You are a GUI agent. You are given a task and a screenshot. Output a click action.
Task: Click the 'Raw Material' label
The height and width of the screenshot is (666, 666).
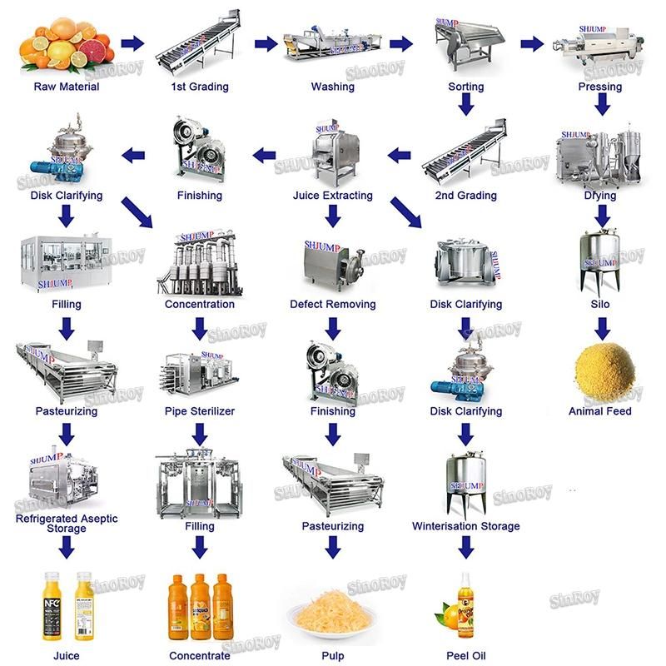coord(67,87)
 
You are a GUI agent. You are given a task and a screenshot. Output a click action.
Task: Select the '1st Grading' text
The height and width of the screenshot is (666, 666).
coord(200,87)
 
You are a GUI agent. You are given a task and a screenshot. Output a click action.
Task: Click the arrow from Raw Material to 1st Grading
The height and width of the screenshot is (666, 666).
coord(132,43)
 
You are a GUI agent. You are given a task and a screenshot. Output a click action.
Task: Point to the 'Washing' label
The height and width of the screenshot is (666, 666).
coord(333,87)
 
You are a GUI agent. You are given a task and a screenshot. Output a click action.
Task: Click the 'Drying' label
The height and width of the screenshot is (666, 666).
coord(600,196)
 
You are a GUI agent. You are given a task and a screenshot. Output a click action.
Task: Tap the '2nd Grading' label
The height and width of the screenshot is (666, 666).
coord(466,196)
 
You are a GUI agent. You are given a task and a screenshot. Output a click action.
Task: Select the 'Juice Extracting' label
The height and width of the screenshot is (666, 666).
coord(333,196)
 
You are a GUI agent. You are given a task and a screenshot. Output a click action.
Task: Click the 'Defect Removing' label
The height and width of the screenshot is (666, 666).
coord(333,304)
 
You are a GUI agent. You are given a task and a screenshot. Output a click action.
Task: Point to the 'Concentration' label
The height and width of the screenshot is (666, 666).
coord(200,304)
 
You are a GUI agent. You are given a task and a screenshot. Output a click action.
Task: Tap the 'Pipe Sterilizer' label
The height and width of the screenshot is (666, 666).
coord(200,411)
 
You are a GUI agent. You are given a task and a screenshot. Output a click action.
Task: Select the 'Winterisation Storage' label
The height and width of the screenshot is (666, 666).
coord(466,526)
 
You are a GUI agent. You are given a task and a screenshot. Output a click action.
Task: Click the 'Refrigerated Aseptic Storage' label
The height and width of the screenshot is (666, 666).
coord(67,524)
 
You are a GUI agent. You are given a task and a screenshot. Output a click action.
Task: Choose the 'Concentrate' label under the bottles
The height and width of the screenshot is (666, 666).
coord(200,656)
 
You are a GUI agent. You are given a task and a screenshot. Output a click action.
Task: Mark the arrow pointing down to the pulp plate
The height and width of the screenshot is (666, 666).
coord(333,548)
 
